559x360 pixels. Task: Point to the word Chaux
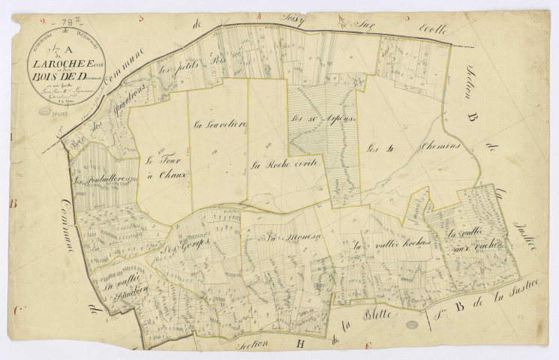tap(172, 175)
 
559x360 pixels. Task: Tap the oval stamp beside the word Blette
tap(411, 324)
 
